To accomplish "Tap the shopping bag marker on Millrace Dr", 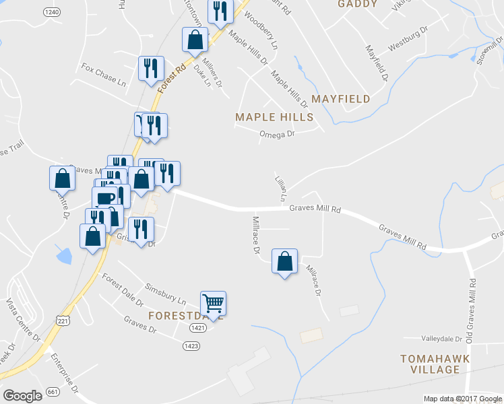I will pos(284,261).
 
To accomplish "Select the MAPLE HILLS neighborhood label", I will pos(274,117).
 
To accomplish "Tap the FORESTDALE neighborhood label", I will pos(171,314).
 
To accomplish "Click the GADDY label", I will pos(355,4).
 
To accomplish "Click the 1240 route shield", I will pos(51,12).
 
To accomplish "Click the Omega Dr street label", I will pos(278,134).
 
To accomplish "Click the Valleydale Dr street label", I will pos(441,339).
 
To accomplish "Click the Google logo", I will pos(22,396).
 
